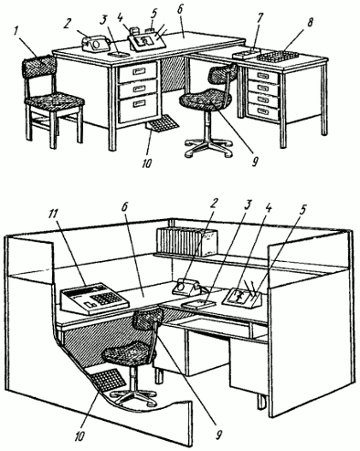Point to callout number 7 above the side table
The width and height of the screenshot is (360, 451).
(x=259, y=19)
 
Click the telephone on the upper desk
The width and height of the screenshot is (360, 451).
(x=96, y=44)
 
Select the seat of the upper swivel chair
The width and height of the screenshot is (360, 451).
(x=205, y=98)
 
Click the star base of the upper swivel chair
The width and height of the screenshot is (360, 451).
(x=208, y=148)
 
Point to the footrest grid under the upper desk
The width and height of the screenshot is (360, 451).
(x=163, y=123)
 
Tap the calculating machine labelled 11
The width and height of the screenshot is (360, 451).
(x=94, y=299)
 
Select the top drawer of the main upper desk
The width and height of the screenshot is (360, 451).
(x=138, y=72)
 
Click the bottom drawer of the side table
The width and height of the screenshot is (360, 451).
(x=263, y=111)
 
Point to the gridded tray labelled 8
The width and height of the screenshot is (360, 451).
(x=277, y=57)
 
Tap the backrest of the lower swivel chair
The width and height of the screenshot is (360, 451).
(x=149, y=318)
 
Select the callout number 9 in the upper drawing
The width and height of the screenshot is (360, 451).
(x=255, y=161)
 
